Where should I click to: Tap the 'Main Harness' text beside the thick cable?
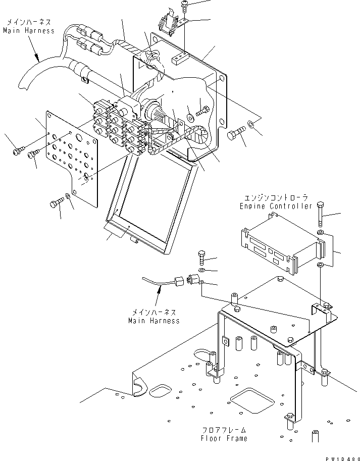point(28,30)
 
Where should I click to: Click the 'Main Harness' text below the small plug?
point(153,320)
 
